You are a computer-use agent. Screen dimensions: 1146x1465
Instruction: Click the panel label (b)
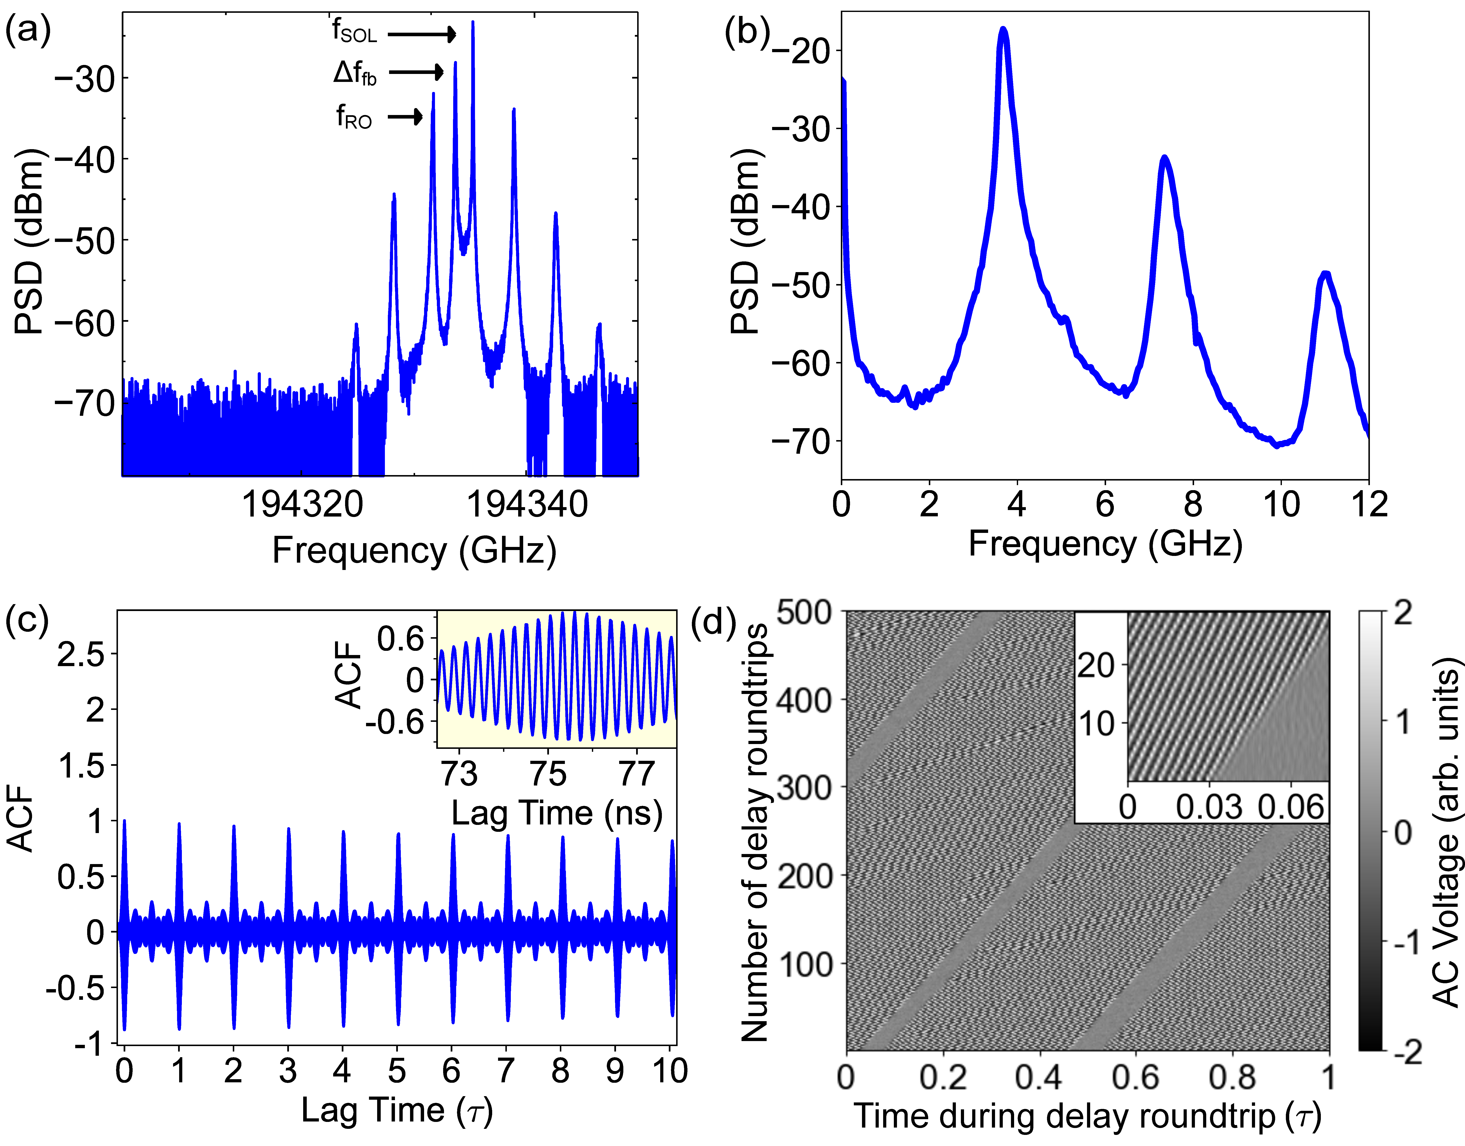pos(746,32)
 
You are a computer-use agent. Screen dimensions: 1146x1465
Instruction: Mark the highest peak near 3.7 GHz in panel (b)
pos(1003,30)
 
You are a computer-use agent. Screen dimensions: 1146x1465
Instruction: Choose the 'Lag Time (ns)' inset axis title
pos(557,813)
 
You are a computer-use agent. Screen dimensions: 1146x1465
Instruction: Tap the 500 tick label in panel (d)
pos(804,612)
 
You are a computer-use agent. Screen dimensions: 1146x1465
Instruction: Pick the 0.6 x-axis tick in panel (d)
pos(1135,1078)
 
